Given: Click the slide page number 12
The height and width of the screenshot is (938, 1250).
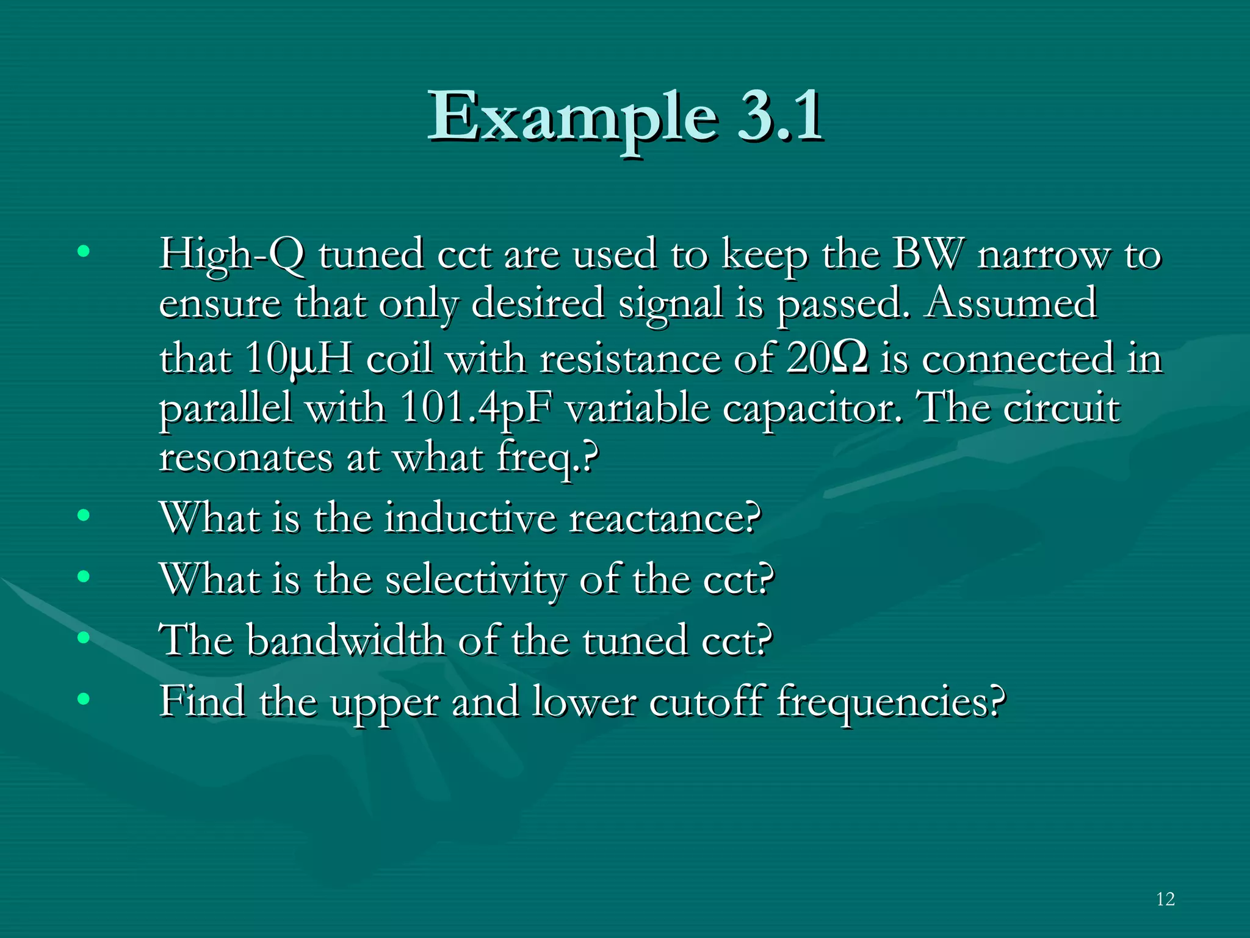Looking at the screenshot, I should point(1165,899).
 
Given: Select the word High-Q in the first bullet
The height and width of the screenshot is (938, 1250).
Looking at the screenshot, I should point(231,254).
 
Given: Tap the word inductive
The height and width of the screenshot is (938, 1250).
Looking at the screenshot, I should point(471,518).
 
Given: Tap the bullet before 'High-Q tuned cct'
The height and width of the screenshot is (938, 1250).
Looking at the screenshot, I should point(84,250).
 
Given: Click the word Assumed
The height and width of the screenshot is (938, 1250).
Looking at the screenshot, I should point(1011,303).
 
